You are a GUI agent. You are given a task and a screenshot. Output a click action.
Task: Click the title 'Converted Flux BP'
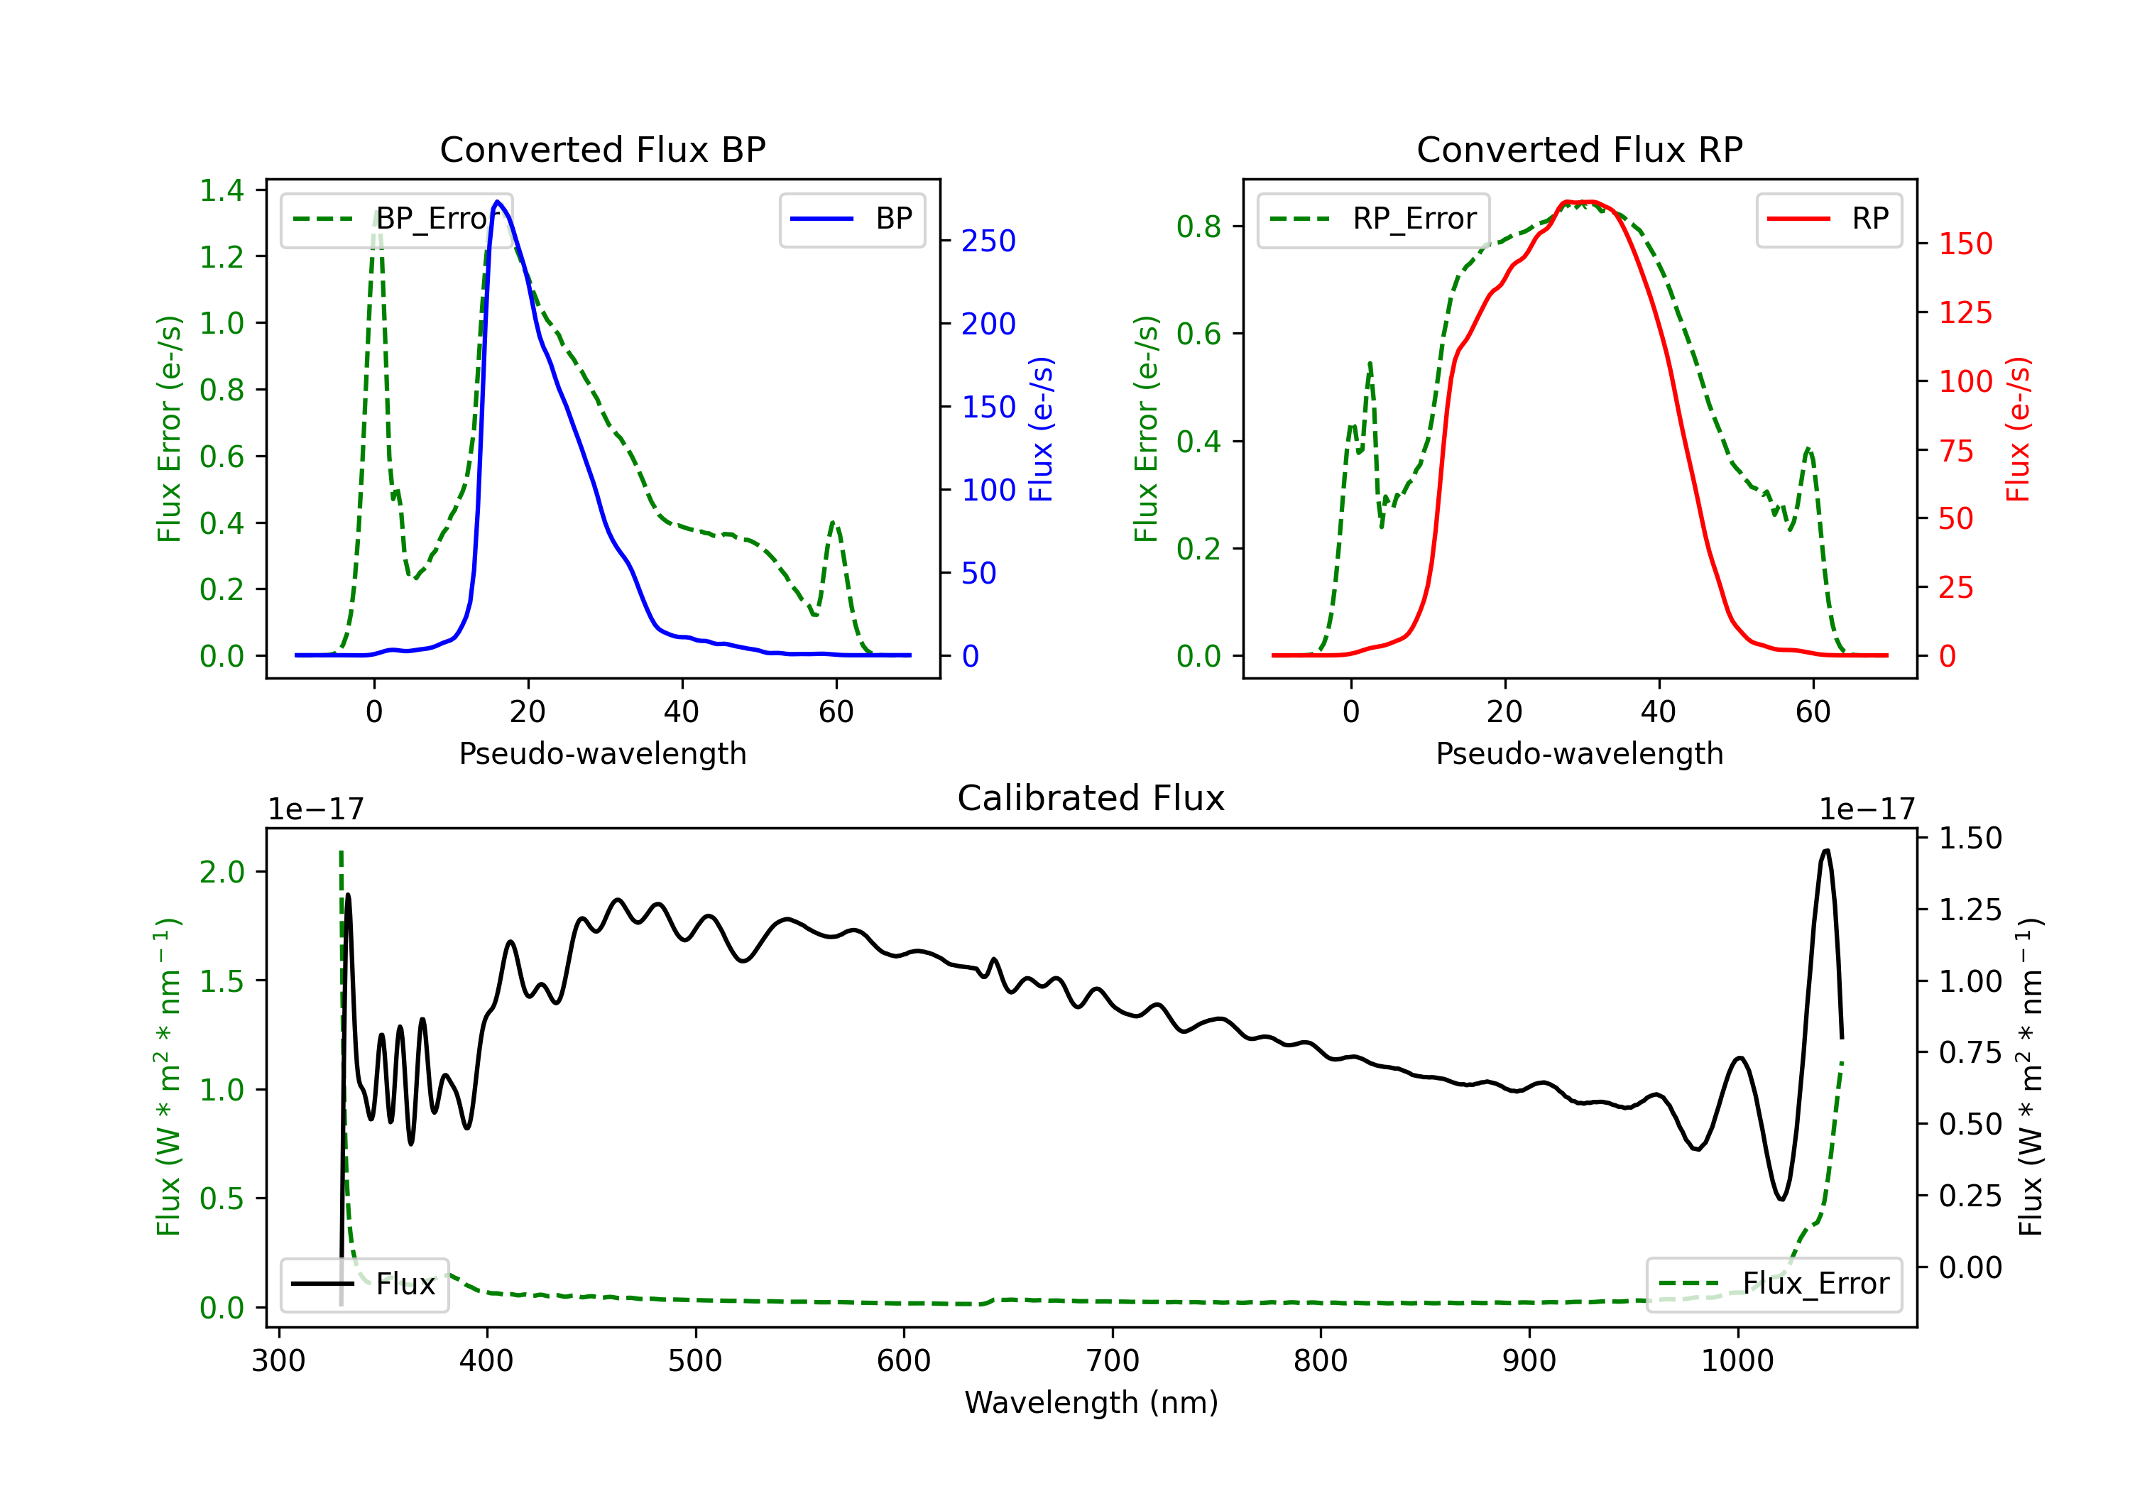click(x=602, y=149)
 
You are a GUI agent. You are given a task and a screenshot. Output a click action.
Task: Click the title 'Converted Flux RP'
click(x=1579, y=149)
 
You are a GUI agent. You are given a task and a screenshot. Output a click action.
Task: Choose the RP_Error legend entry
click(x=1373, y=219)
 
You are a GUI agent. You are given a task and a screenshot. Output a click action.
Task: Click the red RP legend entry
click(x=1828, y=219)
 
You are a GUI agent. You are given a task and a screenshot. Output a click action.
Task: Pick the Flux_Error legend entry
click(x=1774, y=1284)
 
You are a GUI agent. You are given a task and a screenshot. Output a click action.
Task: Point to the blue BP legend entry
click(x=851, y=219)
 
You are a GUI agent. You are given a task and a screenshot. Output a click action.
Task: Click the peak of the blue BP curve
click(x=498, y=202)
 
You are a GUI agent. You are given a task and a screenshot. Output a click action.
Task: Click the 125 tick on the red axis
click(x=1965, y=312)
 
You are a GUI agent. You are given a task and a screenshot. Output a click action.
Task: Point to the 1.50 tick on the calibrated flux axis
click(x=1970, y=839)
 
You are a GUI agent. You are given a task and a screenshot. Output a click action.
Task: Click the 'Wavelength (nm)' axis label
click(x=1091, y=1403)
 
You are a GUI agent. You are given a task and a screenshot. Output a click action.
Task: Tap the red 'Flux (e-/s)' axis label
click(x=2019, y=430)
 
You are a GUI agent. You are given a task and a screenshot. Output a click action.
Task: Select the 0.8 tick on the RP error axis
click(x=1198, y=226)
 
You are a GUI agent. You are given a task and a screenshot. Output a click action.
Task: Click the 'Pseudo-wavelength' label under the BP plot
click(x=602, y=754)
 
